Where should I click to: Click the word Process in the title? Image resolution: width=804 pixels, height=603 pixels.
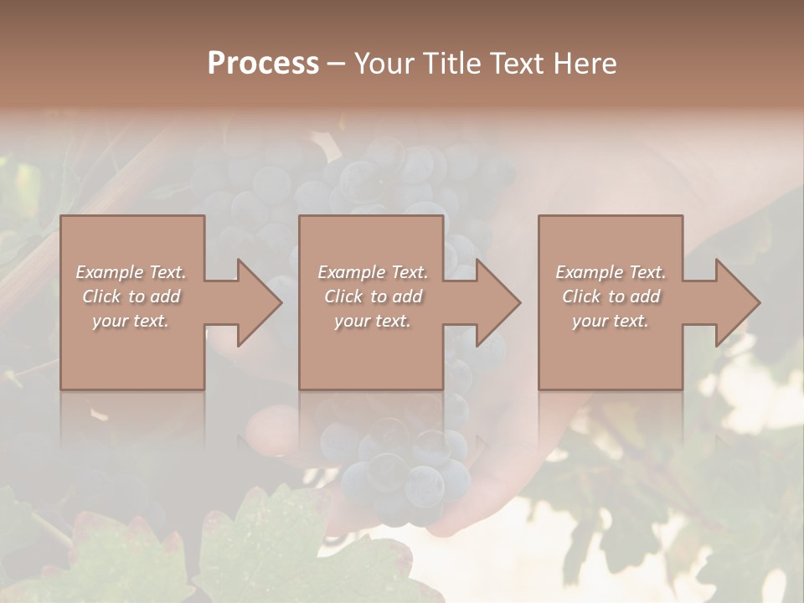coord(263,64)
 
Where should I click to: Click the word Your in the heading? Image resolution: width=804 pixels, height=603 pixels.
coord(385,64)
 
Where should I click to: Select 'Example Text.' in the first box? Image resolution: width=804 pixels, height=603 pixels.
coord(131,272)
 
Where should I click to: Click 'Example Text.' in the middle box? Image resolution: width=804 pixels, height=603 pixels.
coord(372,272)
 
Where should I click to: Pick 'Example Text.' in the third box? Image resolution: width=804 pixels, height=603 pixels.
coord(611,272)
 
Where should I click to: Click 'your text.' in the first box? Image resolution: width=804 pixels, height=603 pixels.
coord(131,321)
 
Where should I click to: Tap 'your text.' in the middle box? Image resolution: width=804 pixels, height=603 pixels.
coord(372,321)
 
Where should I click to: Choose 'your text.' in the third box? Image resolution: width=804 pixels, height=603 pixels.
coord(611,321)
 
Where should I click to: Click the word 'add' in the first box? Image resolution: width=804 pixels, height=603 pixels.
coord(166,296)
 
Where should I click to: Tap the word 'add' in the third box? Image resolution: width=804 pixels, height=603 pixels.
coord(646,296)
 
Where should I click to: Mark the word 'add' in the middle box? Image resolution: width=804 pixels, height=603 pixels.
coord(407,296)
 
